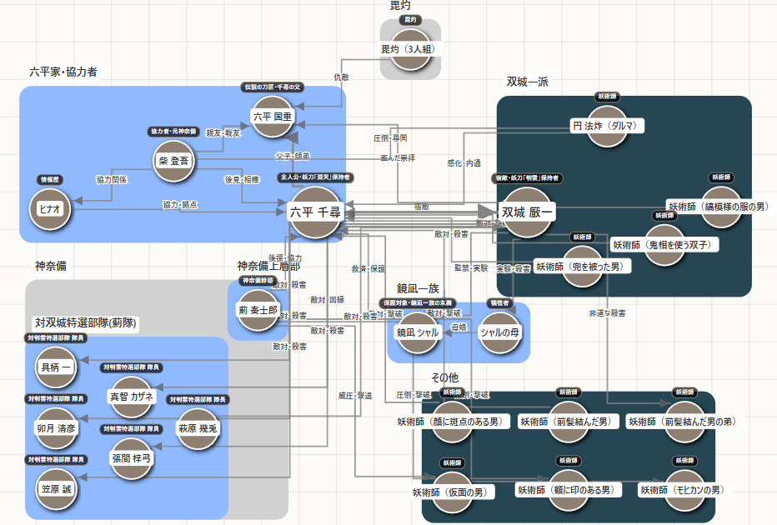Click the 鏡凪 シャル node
417,332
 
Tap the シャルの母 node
500,332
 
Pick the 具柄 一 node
56,367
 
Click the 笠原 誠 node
56,488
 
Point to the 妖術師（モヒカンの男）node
681,490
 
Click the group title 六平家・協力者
63,72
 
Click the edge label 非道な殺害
606,313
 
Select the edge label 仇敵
341,77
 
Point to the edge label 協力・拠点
180,205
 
